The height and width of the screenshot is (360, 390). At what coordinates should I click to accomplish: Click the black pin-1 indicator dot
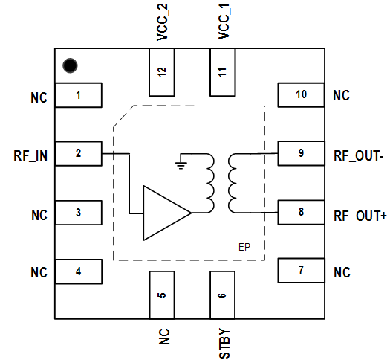click(x=70, y=65)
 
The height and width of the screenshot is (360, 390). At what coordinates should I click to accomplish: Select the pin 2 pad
click(x=78, y=154)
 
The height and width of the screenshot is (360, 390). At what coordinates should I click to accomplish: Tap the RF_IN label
click(x=30, y=156)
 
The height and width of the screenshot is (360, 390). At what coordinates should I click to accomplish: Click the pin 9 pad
click(x=301, y=153)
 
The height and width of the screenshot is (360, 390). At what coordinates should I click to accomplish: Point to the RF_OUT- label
click(x=358, y=156)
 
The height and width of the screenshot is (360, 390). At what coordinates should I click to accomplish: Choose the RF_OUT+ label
click(x=360, y=216)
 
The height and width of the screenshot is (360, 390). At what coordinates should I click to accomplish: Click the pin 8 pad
click(x=301, y=212)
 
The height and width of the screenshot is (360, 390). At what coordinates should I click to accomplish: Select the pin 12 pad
click(x=162, y=72)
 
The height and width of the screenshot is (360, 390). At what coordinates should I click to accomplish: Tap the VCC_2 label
click(x=163, y=22)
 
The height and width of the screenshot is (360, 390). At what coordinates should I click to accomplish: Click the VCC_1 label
click(x=224, y=22)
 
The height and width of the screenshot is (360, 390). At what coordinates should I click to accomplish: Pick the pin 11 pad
click(x=223, y=72)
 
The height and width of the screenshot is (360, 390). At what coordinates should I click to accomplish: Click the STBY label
click(x=224, y=344)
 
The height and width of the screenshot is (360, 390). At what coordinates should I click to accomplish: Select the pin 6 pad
click(x=222, y=295)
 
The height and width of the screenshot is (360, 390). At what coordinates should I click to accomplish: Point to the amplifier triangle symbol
click(x=167, y=213)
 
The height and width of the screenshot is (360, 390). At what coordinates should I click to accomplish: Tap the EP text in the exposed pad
click(x=244, y=247)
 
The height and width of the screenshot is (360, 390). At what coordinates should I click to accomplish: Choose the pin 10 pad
click(x=301, y=95)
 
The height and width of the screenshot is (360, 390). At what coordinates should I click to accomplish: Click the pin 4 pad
click(x=78, y=271)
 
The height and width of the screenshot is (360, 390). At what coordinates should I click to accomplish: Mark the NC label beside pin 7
click(x=342, y=272)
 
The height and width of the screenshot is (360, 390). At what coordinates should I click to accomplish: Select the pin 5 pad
click(x=162, y=295)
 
